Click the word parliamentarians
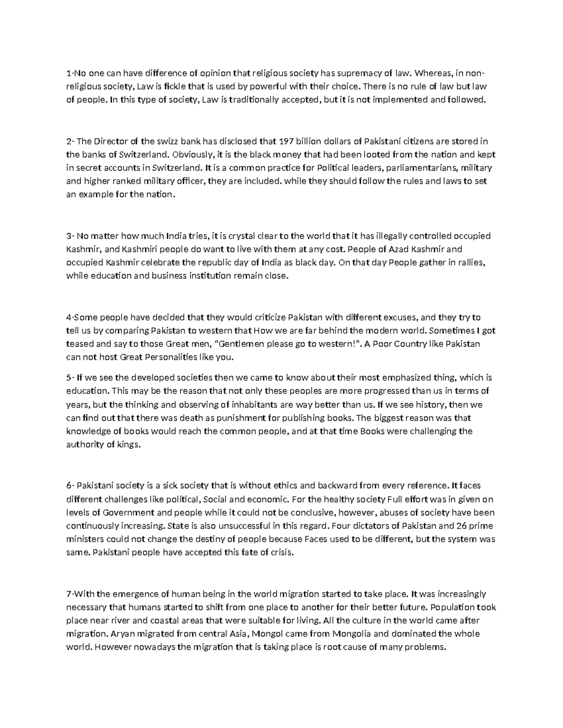tap(423, 168)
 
